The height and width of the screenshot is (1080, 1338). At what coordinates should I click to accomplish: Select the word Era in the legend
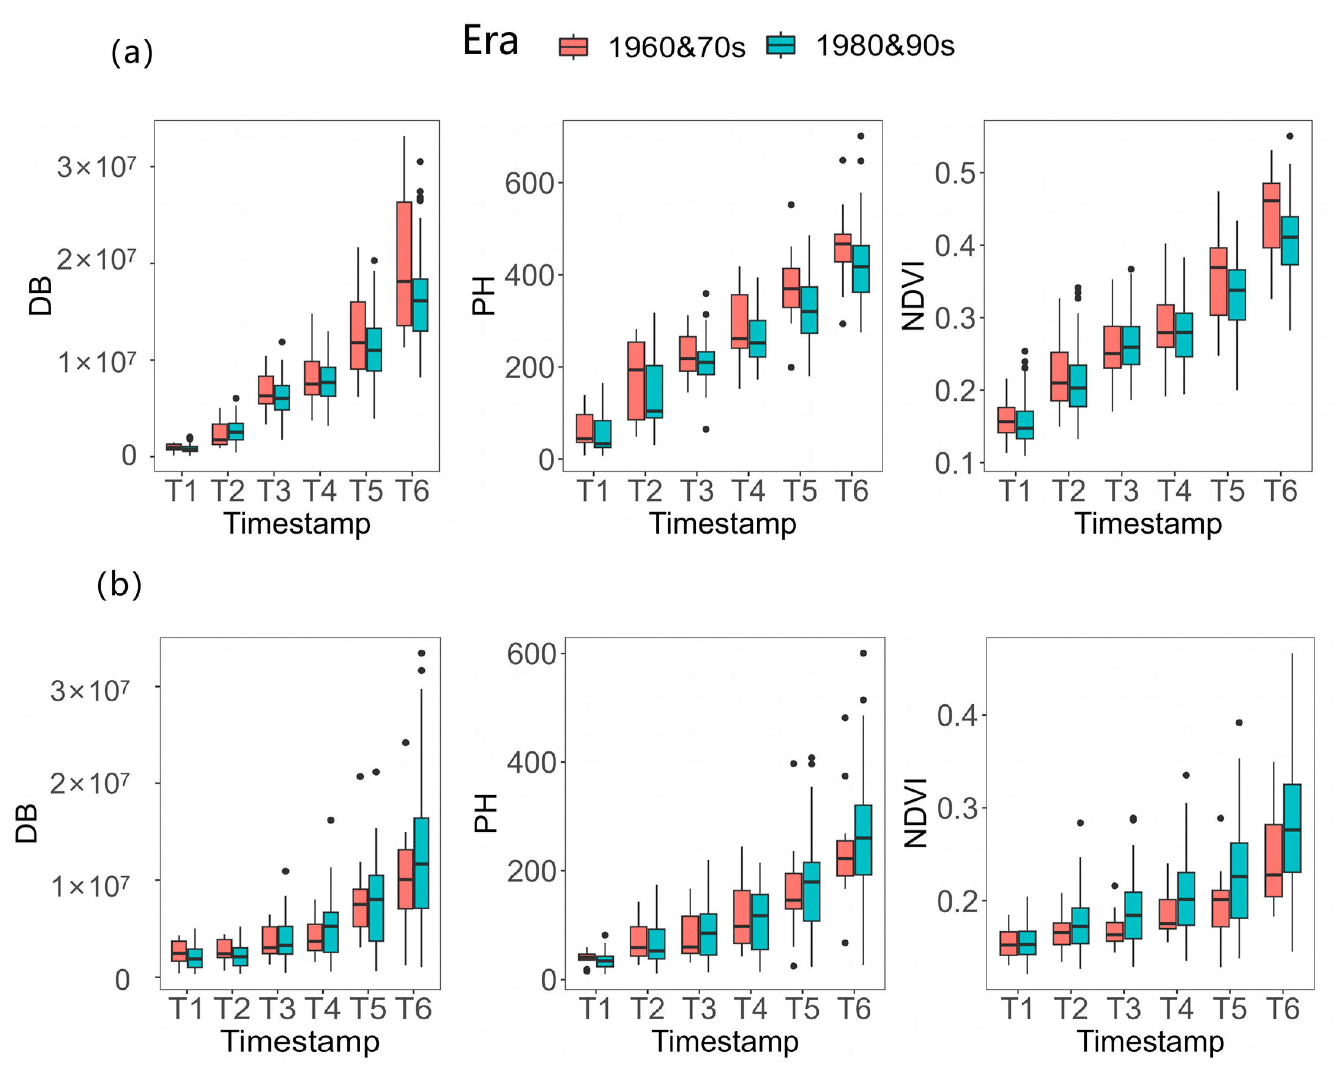[x=490, y=42]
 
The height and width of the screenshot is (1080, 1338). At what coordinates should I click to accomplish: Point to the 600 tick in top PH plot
[x=529, y=184]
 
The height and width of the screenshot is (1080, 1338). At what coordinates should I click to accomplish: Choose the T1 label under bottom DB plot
[x=186, y=1008]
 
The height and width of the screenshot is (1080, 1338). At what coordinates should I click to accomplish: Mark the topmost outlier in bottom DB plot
[x=421, y=653]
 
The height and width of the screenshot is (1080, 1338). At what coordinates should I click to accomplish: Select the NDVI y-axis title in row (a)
[x=913, y=296]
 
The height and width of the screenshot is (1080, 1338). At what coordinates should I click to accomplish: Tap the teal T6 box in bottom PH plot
[x=863, y=840]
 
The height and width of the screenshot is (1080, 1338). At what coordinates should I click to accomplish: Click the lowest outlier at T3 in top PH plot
[x=706, y=429]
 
